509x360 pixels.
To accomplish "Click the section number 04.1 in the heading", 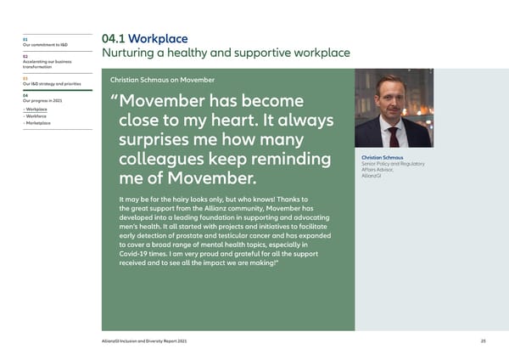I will click(115, 39).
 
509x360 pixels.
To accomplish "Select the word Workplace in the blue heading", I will click(159, 39).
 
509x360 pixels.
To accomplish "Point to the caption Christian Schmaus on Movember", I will click(162, 80).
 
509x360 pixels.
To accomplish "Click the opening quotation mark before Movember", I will click(115, 99).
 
